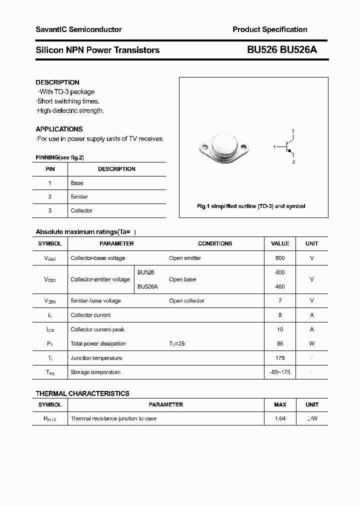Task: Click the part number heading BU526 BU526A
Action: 282,49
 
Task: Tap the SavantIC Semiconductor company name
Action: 78,29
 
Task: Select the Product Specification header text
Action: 270,29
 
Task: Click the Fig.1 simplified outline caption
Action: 250,206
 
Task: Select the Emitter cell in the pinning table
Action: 79,197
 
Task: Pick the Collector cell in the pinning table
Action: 81,210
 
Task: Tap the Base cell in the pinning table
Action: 77,183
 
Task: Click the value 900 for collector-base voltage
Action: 280,258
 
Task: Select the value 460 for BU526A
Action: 280,286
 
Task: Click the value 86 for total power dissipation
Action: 280,343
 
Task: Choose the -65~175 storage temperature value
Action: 280,372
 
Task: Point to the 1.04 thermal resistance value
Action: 280,418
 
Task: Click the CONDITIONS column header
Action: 215,243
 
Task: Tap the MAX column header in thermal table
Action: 280,404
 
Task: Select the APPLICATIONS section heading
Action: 59,129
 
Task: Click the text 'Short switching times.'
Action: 68,101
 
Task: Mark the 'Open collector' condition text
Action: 187,301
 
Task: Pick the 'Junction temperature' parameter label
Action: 96,358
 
